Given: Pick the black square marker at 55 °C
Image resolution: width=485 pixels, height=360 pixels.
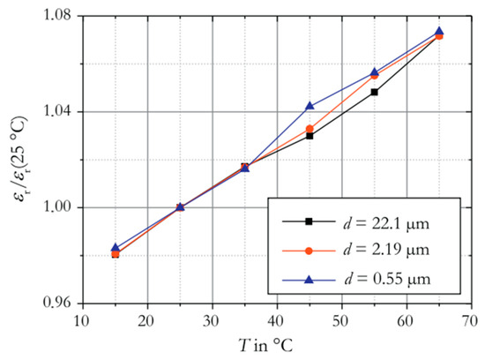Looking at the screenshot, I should [x=375, y=92].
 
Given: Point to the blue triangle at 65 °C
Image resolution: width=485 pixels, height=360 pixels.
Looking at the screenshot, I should [x=439, y=31].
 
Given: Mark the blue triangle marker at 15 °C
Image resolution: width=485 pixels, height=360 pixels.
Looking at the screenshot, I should [x=116, y=248].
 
